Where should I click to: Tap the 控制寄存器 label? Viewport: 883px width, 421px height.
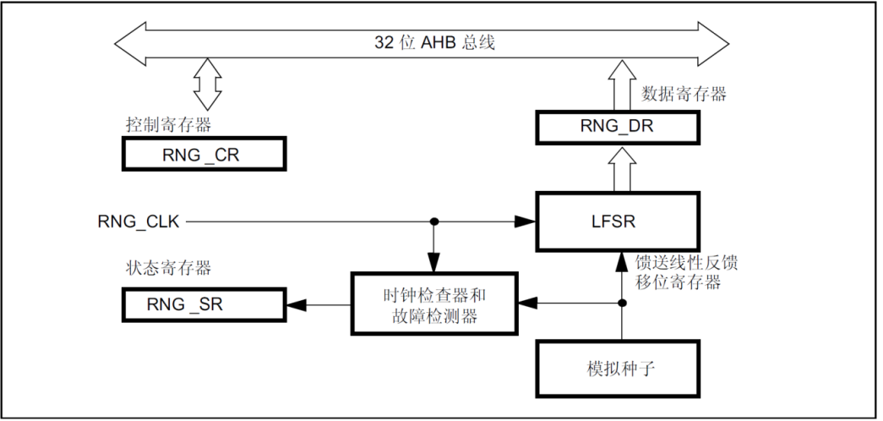pyautogui.click(x=163, y=123)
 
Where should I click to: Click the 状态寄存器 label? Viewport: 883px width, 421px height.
pyautogui.click(x=164, y=271)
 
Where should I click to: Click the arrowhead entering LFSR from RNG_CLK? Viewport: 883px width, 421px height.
pyautogui.click(x=526, y=221)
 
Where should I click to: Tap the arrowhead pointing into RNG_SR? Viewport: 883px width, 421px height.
pyautogui.click(x=298, y=304)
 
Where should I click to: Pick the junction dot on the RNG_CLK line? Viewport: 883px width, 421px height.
pyautogui.click(x=433, y=221)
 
